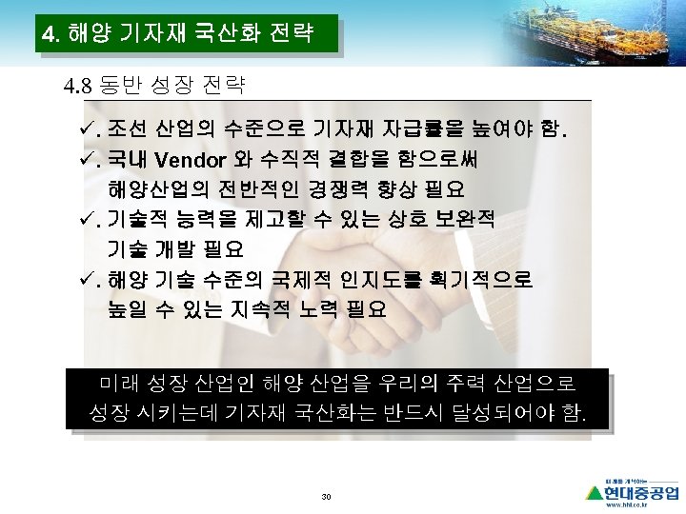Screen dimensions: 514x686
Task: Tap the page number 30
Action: tap(327, 498)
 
